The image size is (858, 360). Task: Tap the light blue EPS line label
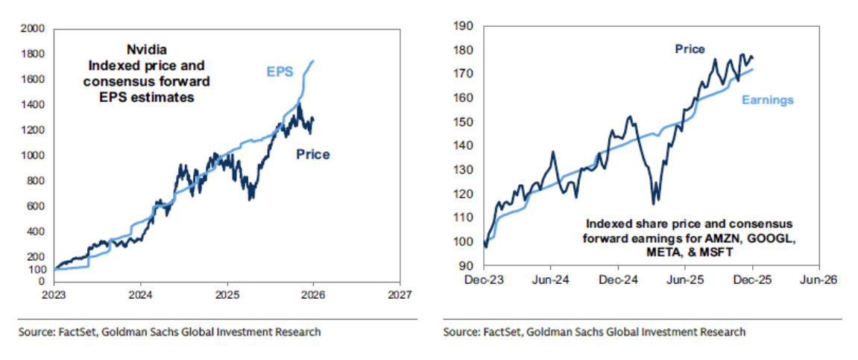280,72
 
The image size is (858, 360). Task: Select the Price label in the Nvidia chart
313,155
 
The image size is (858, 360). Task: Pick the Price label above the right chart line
690,49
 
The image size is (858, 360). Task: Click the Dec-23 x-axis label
485,282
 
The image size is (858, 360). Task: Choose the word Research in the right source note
722,332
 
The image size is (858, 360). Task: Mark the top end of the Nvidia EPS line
312,60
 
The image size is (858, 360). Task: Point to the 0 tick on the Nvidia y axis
42,282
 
